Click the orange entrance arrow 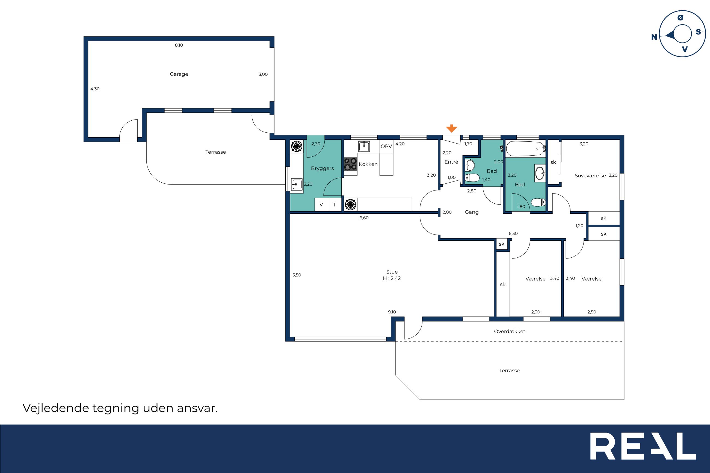[451, 128]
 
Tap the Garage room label [179, 74]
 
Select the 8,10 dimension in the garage [179, 45]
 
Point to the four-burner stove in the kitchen [351, 164]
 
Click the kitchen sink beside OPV [364, 147]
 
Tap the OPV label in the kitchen [386, 146]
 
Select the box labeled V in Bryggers [321, 204]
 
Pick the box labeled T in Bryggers [335, 204]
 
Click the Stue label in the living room [392, 272]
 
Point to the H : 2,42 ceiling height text [392, 278]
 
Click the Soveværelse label [590, 175]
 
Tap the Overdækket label [510, 332]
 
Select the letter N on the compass [654, 37]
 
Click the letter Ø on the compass [680, 18]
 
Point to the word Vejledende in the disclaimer [55, 408]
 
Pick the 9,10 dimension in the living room [392, 312]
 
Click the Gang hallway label [472, 212]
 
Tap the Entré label [451, 162]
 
